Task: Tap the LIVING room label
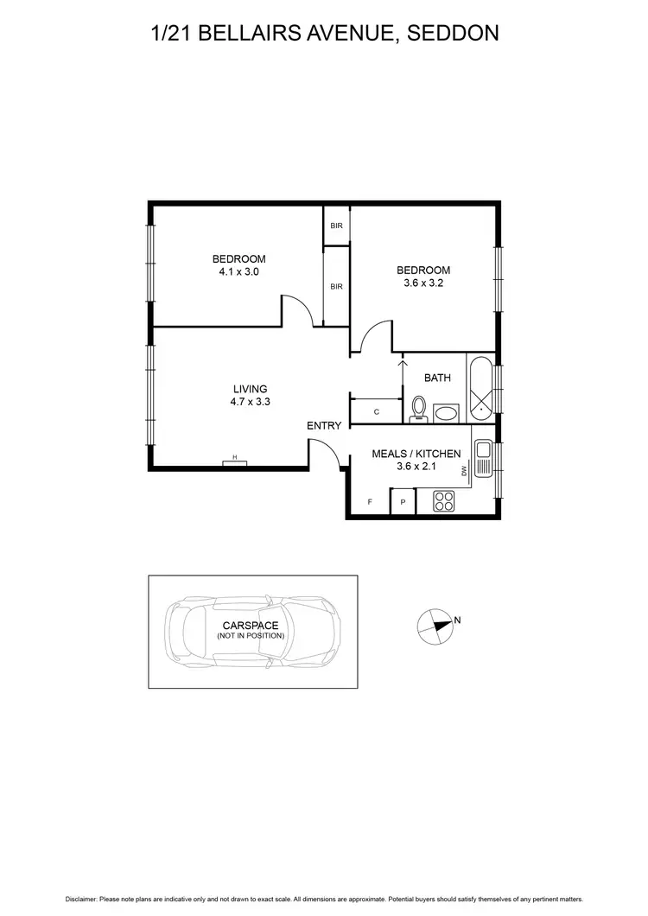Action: [251, 389]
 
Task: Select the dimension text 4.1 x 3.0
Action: [239, 271]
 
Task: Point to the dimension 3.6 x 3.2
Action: [423, 283]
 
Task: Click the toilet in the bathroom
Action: [419, 408]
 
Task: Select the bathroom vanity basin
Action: [447, 413]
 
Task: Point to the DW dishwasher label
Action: [464, 471]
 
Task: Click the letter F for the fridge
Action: [370, 501]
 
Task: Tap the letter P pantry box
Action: [403, 501]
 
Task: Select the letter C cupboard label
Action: [377, 412]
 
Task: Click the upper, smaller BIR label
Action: [336, 226]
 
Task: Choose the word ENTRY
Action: [324, 425]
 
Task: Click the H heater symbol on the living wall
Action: [234, 462]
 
